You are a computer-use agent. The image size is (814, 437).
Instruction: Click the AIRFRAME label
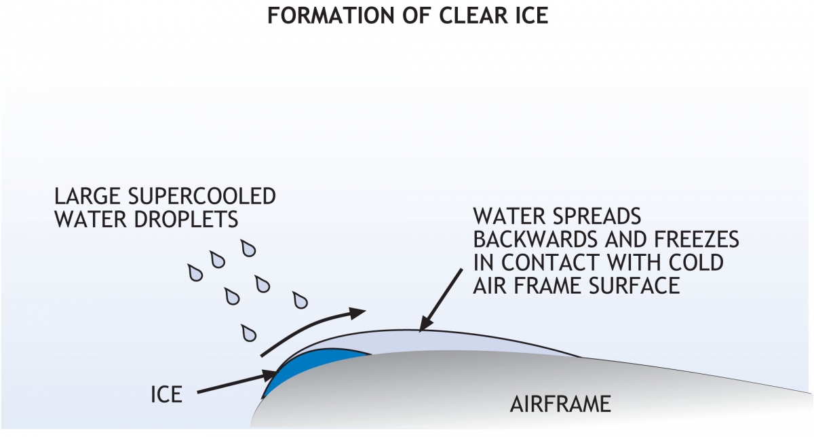tap(560, 405)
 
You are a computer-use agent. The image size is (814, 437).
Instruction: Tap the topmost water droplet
tap(249, 249)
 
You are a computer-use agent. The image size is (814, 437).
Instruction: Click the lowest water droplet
tap(249, 333)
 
